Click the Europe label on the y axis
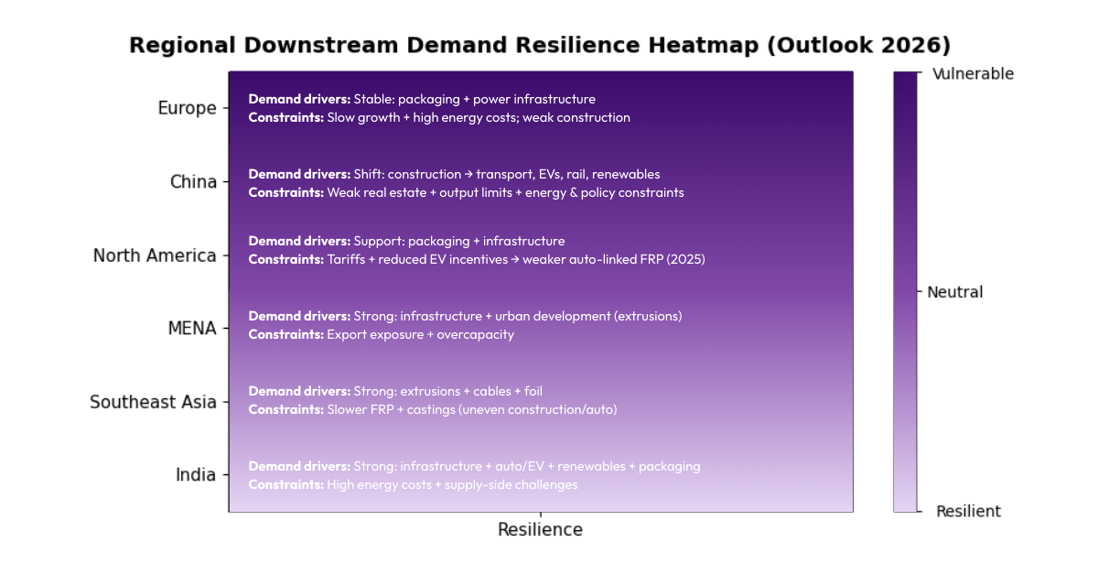[187, 108]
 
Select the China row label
[193, 181]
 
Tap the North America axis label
[155, 255]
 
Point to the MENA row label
[192, 328]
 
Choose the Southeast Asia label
[153, 402]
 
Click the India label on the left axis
[196, 474]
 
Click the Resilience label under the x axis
[540, 529]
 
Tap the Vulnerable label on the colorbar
[973, 74]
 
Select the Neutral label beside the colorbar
[954, 292]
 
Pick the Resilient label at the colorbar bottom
[968, 511]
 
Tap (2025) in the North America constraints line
[681, 259]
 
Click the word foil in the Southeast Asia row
[533, 391]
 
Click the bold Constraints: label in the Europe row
[285, 117]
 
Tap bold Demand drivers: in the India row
[299, 466]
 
